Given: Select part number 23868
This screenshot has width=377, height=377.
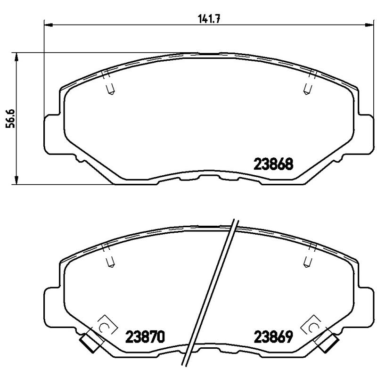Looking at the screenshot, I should tap(274, 164).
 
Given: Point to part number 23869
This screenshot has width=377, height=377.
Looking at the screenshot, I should tap(274, 337).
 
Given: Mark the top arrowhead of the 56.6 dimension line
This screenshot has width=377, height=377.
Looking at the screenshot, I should tap(17, 57).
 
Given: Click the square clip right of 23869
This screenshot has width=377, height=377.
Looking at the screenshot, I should tap(313, 326).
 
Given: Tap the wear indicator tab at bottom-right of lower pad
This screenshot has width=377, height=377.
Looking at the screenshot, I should tap(328, 343).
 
